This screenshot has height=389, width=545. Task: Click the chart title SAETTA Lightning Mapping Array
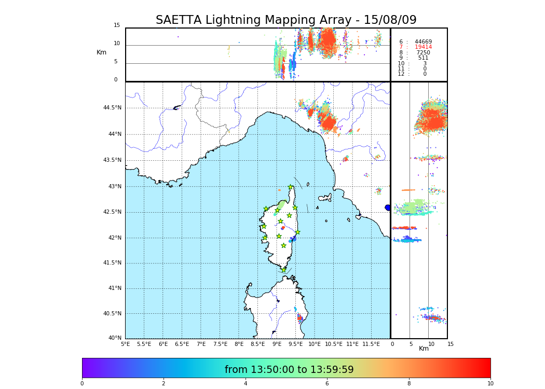point(286,20)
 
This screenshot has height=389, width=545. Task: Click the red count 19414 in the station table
point(423,47)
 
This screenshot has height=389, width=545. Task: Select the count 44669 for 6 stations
point(423,42)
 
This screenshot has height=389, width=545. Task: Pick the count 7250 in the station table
point(423,53)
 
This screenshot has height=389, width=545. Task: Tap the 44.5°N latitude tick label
point(112,108)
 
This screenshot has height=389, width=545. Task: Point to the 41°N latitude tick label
point(114,288)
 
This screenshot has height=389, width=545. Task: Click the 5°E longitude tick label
point(125,344)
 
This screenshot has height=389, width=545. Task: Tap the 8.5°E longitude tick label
point(257,344)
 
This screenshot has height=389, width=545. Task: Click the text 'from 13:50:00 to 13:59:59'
point(289,370)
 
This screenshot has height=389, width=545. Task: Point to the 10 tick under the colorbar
point(490,384)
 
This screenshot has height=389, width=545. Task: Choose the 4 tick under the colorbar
point(246,384)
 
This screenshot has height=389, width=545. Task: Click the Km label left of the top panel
point(101,52)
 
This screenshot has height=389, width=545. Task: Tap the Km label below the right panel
point(424,349)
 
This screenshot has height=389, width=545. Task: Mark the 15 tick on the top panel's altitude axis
point(117,25)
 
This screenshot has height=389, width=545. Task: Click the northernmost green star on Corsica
point(291,187)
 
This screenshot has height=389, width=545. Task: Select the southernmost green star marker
point(283,270)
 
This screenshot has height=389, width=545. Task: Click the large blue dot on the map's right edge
point(388,207)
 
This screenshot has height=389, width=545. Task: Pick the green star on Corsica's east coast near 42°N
point(297,232)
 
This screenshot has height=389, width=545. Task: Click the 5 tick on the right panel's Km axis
point(411,344)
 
